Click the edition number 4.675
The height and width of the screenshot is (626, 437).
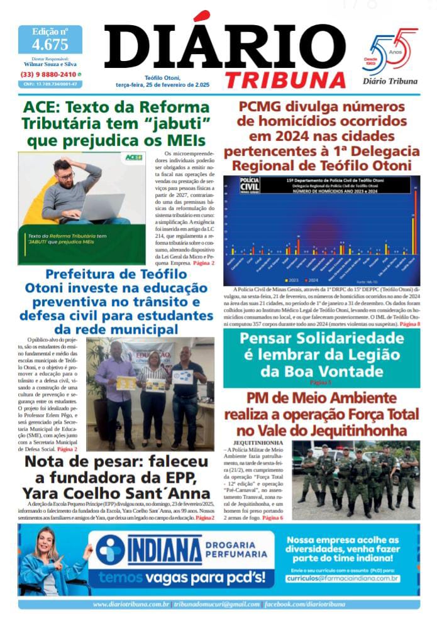[50, 45]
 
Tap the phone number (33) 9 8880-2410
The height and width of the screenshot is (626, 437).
[47, 74]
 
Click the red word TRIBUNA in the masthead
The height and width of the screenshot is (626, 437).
[285, 79]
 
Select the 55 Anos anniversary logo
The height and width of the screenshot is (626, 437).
[394, 54]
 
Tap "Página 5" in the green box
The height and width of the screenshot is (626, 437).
[321, 382]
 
